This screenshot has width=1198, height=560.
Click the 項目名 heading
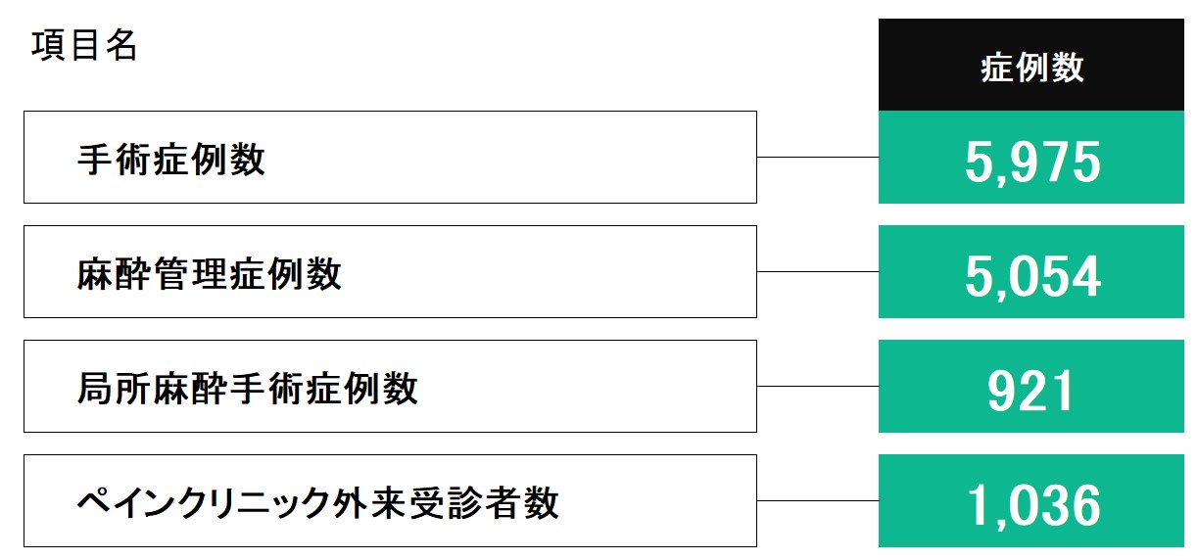click(x=84, y=45)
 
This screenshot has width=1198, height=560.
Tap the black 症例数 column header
click(x=1031, y=65)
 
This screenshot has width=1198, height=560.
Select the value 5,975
click(x=1032, y=162)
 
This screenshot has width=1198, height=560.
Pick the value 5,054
click(x=1032, y=276)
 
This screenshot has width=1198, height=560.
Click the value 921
click(x=1030, y=392)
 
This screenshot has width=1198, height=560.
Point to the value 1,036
click(x=1033, y=505)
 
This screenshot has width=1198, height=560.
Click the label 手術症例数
click(x=171, y=160)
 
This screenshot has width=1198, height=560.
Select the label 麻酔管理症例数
click(x=209, y=273)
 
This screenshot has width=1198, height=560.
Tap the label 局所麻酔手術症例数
click(x=247, y=388)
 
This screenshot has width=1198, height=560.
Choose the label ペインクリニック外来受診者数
click(x=317, y=502)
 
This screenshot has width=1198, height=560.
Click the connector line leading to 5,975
click(x=818, y=157)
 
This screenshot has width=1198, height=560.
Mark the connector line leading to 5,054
click(x=818, y=271)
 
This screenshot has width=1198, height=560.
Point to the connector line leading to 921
click(x=818, y=386)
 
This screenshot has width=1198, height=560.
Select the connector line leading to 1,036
click(x=818, y=500)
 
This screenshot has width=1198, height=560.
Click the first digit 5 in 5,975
click(x=979, y=162)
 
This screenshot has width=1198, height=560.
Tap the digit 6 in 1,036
click(x=1085, y=505)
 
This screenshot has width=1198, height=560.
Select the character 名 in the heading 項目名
click(x=121, y=45)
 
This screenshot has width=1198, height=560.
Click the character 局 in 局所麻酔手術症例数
click(x=94, y=388)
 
